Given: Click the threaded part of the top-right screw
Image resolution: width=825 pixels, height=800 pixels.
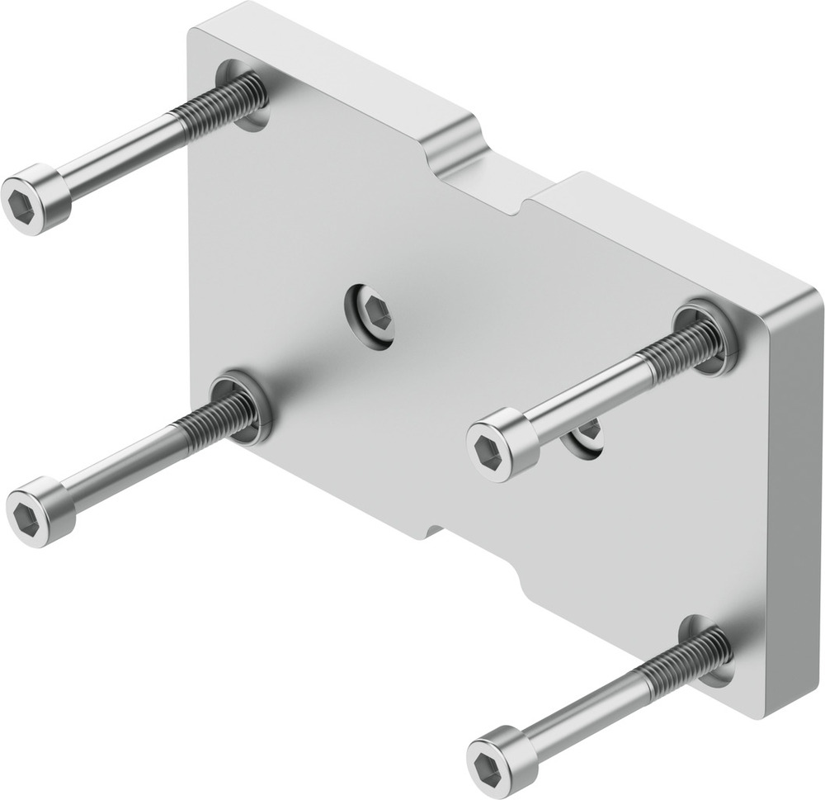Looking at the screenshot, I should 681,347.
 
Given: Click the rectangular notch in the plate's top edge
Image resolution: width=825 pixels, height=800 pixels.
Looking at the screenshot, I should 487,178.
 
